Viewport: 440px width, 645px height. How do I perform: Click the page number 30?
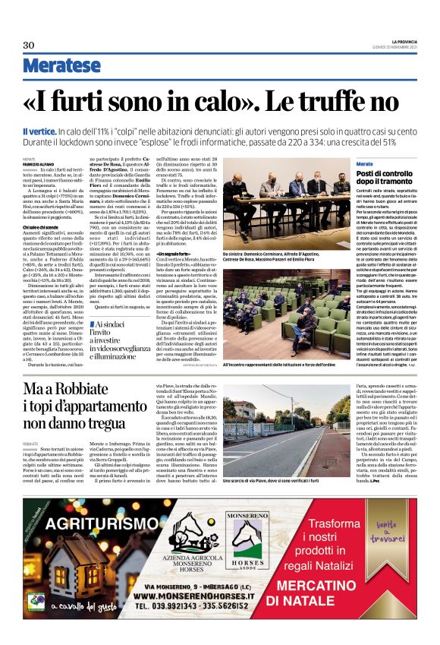[x=29, y=45]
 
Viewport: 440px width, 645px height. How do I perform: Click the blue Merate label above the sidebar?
[x=365, y=164]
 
